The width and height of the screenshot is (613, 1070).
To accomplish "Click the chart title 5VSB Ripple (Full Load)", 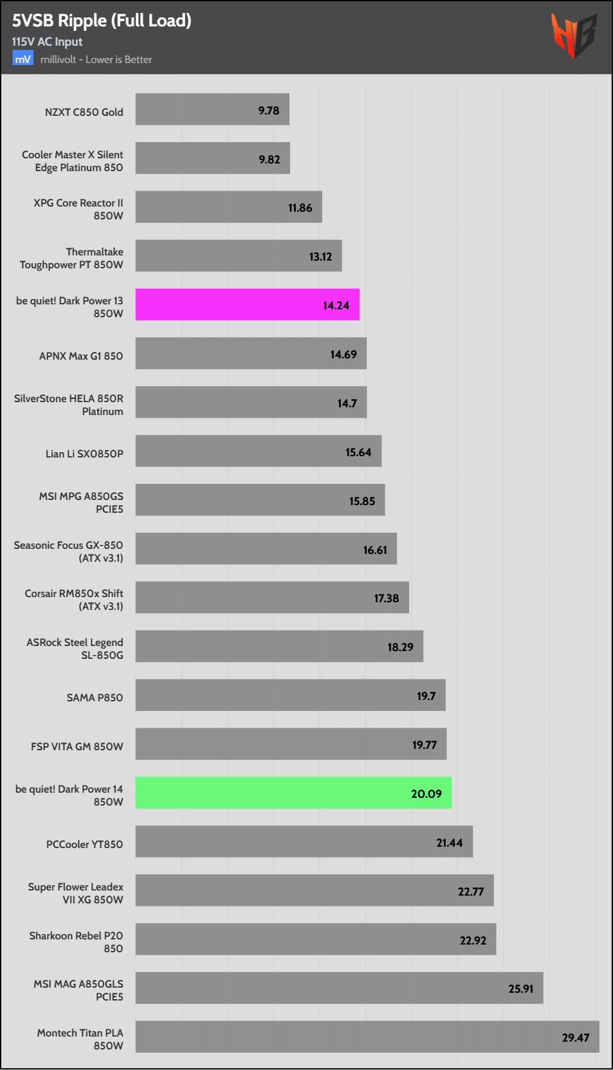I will click(102, 21).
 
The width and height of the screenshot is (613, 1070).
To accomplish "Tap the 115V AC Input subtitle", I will click(47, 42).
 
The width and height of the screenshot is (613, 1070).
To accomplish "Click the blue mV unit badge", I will click(23, 59).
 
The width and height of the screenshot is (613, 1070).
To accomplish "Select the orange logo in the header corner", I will click(573, 35).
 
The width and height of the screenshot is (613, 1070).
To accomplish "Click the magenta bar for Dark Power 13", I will click(247, 305).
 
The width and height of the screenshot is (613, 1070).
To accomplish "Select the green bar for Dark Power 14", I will click(293, 793).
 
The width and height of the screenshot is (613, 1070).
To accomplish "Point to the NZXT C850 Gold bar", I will click(212, 109).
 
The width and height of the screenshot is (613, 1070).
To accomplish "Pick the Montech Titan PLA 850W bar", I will click(367, 1037).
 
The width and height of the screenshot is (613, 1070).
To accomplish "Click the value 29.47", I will click(575, 1038).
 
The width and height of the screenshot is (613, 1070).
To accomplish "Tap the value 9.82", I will click(269, 160).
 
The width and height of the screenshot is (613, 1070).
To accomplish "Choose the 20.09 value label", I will click(426, 794).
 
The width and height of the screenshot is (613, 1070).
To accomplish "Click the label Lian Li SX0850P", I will click(84, 454).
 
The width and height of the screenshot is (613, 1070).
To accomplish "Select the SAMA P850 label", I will click(95, 697).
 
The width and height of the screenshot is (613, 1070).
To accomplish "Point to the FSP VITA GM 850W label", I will click(77, 746).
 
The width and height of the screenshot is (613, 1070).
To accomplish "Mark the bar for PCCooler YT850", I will click(304, 842).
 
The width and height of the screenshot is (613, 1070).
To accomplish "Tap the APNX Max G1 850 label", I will click(80, 356).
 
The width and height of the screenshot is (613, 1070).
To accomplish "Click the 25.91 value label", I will click(520, 989).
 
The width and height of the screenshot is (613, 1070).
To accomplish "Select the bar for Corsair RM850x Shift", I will click(272, 598).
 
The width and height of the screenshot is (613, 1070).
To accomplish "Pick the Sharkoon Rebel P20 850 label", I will click(76, 942).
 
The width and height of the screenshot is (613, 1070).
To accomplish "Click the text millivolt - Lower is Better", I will click(96, 60).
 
